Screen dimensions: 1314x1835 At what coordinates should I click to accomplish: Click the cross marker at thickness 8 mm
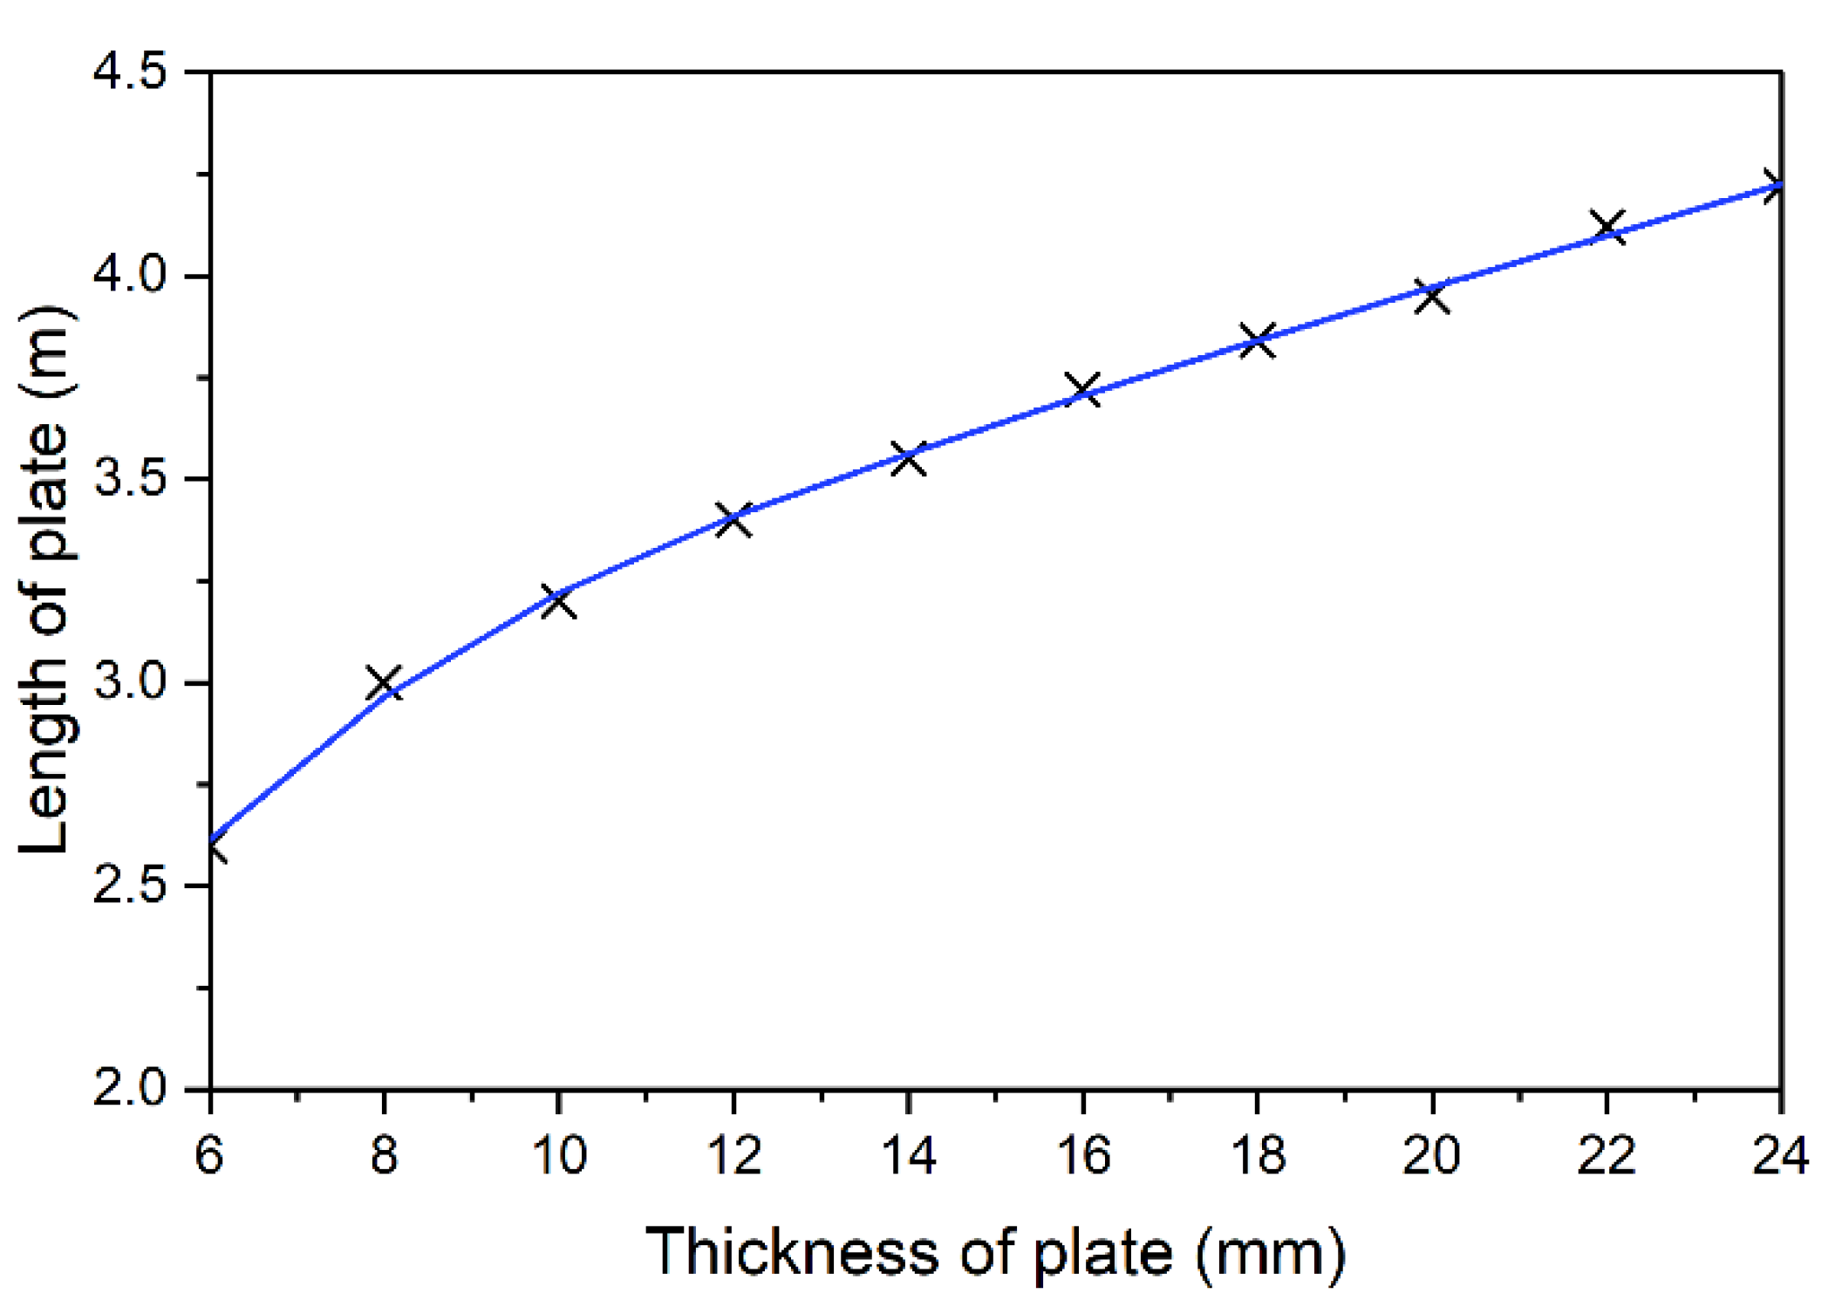pos(384,682)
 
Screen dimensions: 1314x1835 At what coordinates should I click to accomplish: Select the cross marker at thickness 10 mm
pos(558,601)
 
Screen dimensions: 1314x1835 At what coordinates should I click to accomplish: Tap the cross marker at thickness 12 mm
pos(733,520)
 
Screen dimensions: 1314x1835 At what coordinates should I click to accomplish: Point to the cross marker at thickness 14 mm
pos(908,457)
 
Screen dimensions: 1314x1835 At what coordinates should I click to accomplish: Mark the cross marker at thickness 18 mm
pos(1258,340)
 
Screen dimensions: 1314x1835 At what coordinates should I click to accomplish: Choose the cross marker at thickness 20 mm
pos(1432,297)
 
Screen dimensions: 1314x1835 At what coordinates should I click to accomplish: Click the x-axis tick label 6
pos(209,1155)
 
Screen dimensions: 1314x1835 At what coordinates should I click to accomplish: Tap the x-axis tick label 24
pos(1780,1155)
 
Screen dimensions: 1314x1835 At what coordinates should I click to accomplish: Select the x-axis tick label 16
pos(1083,1155)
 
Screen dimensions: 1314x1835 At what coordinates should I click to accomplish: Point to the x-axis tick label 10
pos(558,1155)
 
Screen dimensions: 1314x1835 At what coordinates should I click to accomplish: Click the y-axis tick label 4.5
pos(129,72)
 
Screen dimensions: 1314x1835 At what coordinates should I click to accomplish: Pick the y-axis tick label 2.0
pos(129,1089)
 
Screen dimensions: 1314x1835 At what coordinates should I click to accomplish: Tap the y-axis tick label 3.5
pos(129,479)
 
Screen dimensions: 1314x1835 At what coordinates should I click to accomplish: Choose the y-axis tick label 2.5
pos(129,886)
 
